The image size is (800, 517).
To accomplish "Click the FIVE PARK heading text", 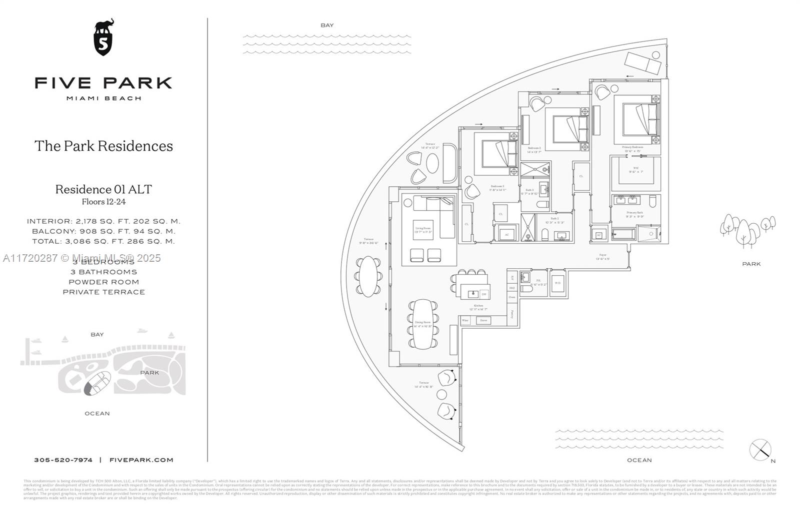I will point(103,83).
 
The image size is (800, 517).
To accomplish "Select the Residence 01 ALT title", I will point(103,189).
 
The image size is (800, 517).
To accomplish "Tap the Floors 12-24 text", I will point(103,202).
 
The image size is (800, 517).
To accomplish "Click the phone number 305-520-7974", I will point(63,460).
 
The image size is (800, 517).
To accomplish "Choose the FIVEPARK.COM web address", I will point(141,460).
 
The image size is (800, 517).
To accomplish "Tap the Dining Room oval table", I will point(423,324).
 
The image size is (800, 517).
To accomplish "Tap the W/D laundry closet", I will point(558,283).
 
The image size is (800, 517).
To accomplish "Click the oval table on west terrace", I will point(368,276).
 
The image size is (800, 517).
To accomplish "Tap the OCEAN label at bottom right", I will point(639,460).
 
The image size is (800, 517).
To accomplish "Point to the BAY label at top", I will point(327,25).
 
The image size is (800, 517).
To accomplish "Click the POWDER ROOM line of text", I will point(103,282).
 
